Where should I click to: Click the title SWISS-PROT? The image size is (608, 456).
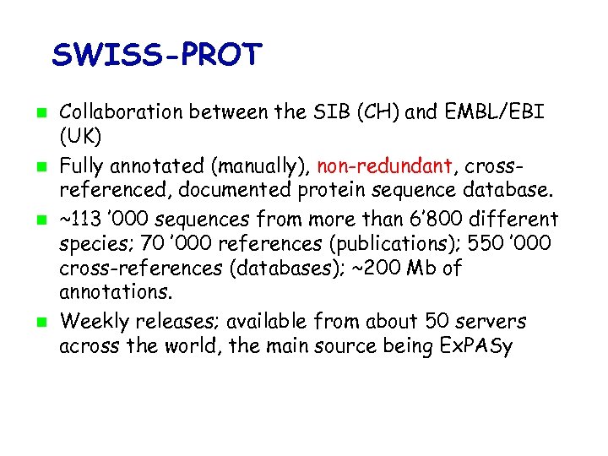[157, 55]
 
